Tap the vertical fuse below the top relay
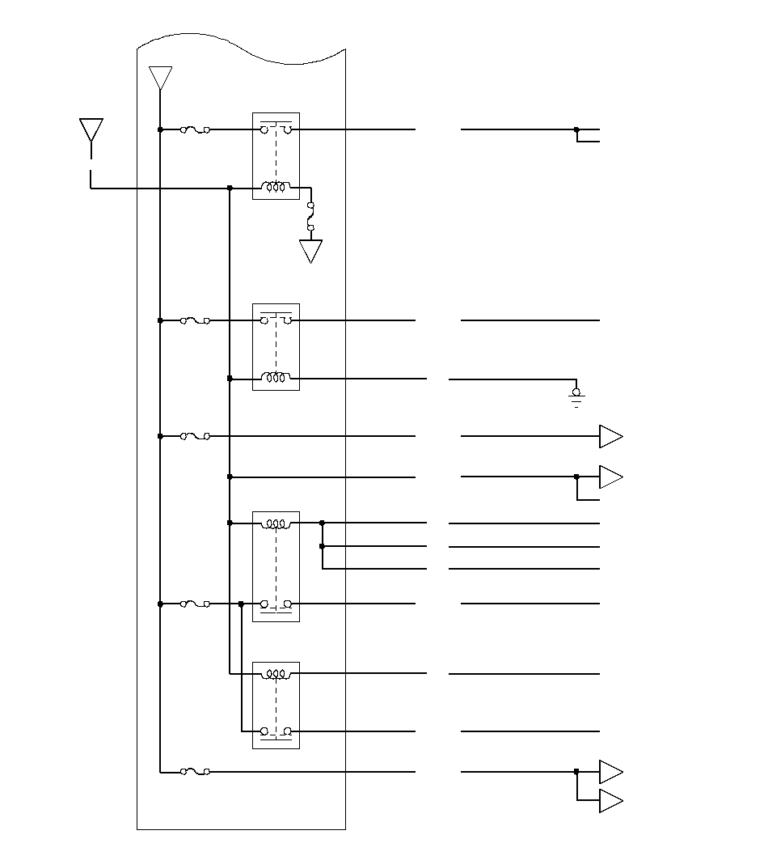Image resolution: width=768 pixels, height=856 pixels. (311, 217)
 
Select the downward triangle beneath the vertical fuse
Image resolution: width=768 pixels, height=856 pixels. (311, 251)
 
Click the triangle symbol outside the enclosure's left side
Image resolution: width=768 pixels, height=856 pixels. (91, 129)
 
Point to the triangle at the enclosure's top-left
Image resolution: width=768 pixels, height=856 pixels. (161, 78)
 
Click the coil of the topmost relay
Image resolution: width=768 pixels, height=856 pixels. (276, 188)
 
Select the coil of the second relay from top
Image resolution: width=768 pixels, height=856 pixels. (276, 379)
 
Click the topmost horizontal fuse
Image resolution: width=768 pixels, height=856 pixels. (195, 129)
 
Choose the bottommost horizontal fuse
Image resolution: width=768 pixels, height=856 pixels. (195, 772)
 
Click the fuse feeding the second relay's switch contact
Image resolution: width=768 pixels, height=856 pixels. (195, 320)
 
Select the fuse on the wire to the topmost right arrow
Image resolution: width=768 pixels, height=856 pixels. (195, 436)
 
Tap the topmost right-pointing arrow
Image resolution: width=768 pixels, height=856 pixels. (610, 436)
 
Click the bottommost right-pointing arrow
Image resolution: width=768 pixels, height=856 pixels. (610, 801)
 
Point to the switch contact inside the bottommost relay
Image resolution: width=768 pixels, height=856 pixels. (276, 731)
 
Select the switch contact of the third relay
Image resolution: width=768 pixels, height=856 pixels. (276, 604)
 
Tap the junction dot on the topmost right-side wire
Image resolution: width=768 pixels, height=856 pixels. (576, 129)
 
